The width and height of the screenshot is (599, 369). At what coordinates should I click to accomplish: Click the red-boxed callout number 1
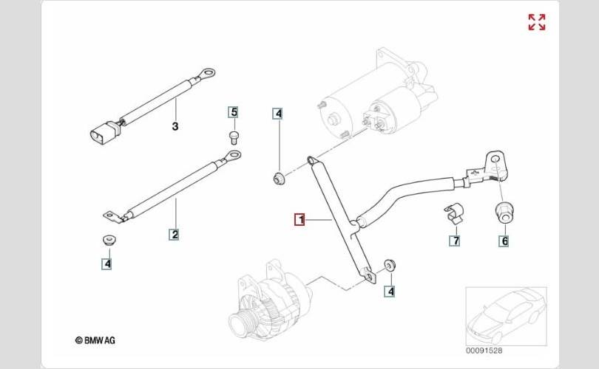click(x=299, y=219)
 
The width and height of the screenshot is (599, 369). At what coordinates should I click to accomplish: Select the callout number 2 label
click(x=175, y=235)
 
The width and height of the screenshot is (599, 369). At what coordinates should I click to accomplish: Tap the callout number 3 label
click(x=175, y=127)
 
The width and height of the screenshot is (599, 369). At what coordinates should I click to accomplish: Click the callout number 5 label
click(x=234, y=112)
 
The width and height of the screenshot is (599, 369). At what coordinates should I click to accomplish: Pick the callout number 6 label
click(x=505, y=240)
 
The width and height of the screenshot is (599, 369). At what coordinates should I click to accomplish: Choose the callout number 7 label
click(x=456, y=240)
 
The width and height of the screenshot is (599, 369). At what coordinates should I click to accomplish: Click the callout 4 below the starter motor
click(x=278, y=114)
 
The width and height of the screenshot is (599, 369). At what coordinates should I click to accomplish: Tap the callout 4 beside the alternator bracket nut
click(x=390, y=291)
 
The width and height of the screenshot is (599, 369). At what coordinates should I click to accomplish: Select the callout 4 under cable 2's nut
click(x=107, y=262)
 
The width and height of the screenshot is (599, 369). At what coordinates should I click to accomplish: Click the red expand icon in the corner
click(x=537, y=22)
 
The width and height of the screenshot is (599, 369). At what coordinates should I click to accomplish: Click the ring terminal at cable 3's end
click(x=209, y=72)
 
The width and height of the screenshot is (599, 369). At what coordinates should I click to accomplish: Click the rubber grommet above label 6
click(x=504, y=210)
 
